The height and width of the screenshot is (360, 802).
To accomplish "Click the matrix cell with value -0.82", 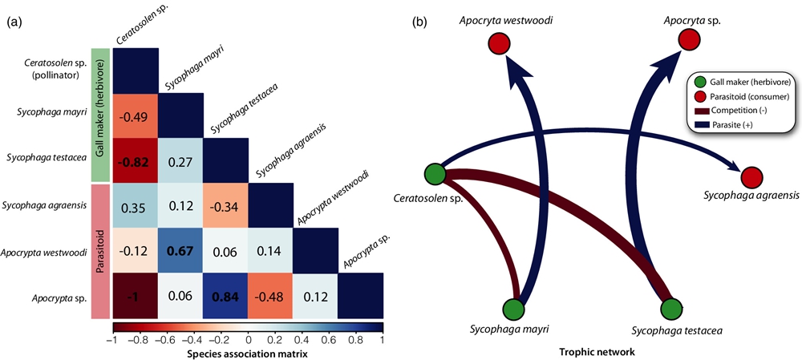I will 136,160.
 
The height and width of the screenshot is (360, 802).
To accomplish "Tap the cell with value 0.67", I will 180,250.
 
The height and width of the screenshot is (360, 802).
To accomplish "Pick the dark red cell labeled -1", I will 136,295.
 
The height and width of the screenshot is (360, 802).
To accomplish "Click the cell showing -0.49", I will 136,115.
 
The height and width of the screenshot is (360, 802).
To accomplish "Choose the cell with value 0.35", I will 136,205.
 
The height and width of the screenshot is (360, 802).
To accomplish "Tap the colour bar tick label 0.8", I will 356,339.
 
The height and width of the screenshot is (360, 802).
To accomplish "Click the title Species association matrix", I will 248,353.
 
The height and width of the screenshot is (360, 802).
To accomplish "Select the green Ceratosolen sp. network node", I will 435,173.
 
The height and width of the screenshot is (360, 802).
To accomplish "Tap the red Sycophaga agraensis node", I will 751,177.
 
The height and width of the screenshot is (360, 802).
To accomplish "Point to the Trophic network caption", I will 592,351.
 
